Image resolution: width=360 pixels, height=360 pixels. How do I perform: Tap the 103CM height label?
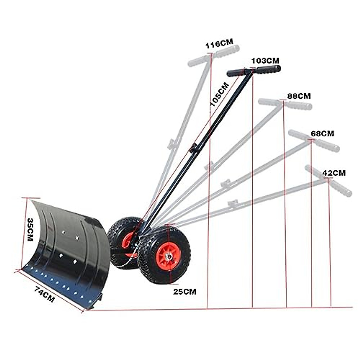pyautogui.click(x=265, y=61)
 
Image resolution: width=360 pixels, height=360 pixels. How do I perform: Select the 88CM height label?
pyautogui.click(x=299, y=96)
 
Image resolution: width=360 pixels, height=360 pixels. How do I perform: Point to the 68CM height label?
pyautogui.click(x=322, y=133)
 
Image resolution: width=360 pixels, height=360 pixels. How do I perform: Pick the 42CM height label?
pyautogui.click(x=334, y=173)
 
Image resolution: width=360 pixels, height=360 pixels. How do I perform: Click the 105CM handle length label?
pyautogui.click(x=219, y=94)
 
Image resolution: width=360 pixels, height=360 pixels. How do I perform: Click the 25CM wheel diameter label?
pyautogui.click(x=184, y=291)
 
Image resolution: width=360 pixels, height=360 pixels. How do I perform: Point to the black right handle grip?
pyautogui.click(x=268, y=70)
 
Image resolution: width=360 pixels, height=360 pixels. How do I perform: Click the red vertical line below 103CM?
pyautogui.click(x=253, y=210)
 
